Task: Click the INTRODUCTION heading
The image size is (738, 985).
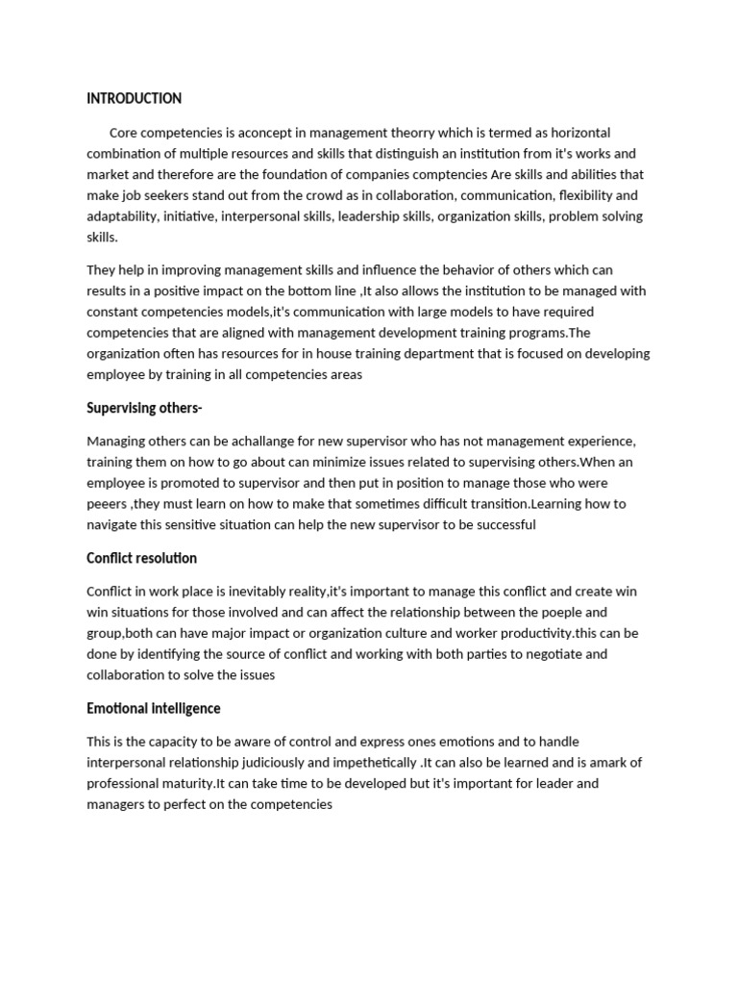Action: [x=134, y=98]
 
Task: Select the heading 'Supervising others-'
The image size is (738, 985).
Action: [x=144, y=408]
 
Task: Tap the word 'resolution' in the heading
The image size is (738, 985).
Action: [x=167, y=558]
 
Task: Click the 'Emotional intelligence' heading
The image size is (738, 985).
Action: [x=153, y=708]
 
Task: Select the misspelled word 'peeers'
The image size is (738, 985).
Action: [x=107, y=504]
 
